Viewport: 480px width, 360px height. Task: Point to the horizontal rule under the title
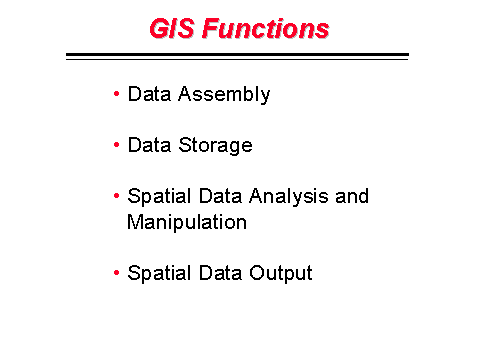tap(237, 56)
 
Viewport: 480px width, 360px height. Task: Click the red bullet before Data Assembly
tap(118, 94)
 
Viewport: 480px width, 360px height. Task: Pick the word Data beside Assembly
tap(148, 95)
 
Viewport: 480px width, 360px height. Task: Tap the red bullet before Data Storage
tap(118, 144)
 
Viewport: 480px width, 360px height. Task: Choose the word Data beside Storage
tap(148, 145)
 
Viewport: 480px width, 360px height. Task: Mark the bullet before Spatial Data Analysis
tap(118, 195)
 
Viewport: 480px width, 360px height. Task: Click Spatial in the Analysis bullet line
tap(155, 197)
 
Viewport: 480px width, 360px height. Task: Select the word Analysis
tap(284, 197)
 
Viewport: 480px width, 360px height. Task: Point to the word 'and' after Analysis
tap(352, 196)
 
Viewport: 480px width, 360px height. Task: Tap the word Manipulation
tap(186, 222)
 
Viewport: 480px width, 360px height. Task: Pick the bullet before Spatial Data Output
tap(118, 272)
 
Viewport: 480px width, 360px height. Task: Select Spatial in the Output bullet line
tap(155, 274)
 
